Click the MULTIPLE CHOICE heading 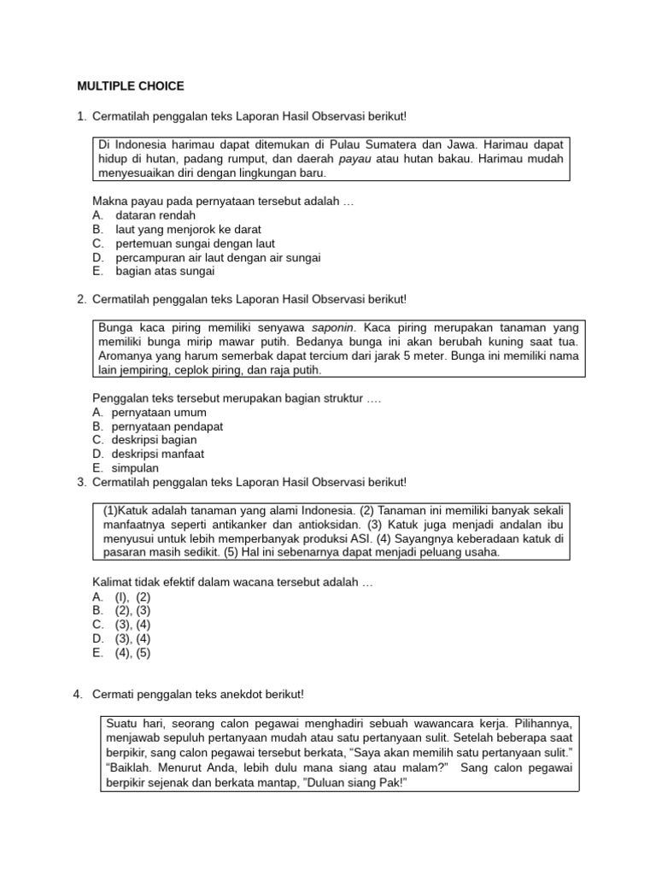[131, 86]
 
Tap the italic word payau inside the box [354, 158]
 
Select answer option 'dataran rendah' [155, 215]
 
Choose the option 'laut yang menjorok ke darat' [188, 229]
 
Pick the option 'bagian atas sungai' [165, 271]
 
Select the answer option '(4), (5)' [132, 653]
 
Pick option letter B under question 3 [97, 611]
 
